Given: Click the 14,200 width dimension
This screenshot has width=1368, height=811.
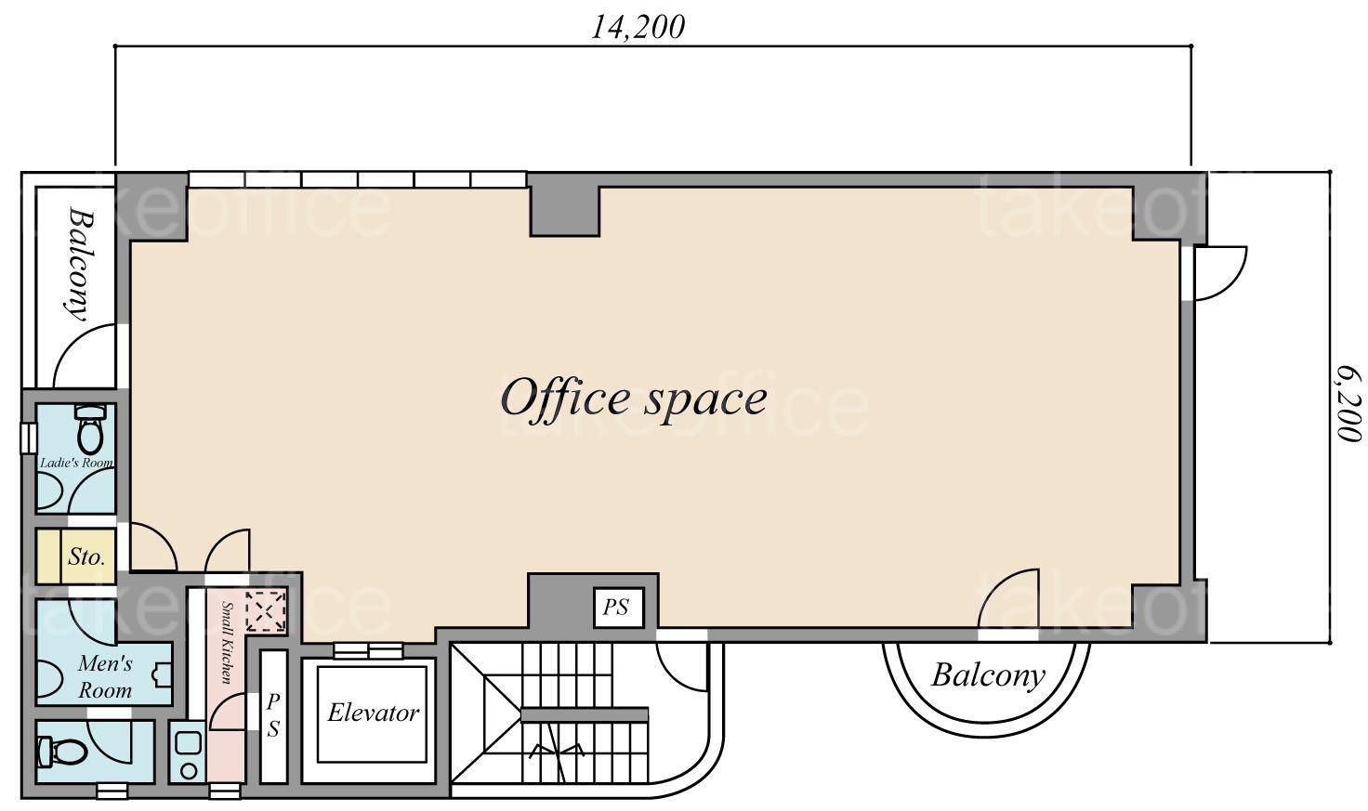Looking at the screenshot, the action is click(x=637, y=28).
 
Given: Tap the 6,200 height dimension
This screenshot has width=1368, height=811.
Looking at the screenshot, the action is click(x=1348, y=403).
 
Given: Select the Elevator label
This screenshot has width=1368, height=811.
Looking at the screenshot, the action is click(x=374, y=713).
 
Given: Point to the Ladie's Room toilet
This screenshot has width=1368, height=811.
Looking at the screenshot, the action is click(x=90, y=428).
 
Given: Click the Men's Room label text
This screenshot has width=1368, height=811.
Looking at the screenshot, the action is click(x=105, y=676).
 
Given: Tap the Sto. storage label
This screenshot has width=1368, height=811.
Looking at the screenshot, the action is click(x=86, y=556).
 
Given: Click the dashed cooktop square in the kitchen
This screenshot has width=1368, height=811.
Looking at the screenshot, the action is click(x=267, y=610).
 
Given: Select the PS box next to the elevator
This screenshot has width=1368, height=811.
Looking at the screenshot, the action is click(x=273, y=716).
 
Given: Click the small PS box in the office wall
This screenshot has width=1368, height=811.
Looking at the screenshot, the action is click(x=619, y=607).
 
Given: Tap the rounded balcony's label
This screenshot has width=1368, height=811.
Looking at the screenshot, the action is click(x=988, y=676).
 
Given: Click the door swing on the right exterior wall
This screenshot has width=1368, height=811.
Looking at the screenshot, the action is click(x=1220, y=273).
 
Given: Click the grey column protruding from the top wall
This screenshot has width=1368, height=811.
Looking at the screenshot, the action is click(x=564, y=205).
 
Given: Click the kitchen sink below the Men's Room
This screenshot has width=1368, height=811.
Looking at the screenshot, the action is click(x=188, y=752).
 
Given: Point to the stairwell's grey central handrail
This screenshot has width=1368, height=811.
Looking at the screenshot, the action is click(x=585, y=714).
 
